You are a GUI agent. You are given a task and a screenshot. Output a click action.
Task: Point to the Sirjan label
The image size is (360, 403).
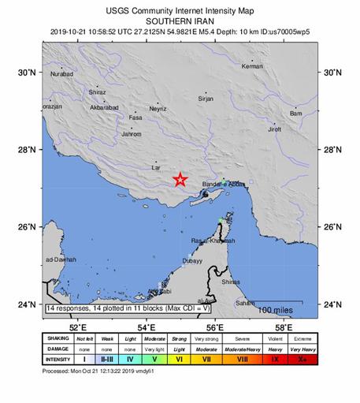[206, 99]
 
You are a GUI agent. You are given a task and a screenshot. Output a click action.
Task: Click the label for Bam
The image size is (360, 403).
[296, 114]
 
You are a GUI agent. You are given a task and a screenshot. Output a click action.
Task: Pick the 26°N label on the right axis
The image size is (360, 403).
[334, 227]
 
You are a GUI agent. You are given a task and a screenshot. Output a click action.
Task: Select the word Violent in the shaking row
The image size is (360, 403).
[273, 338]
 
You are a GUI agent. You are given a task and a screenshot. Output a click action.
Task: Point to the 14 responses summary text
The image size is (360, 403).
[126, 308]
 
